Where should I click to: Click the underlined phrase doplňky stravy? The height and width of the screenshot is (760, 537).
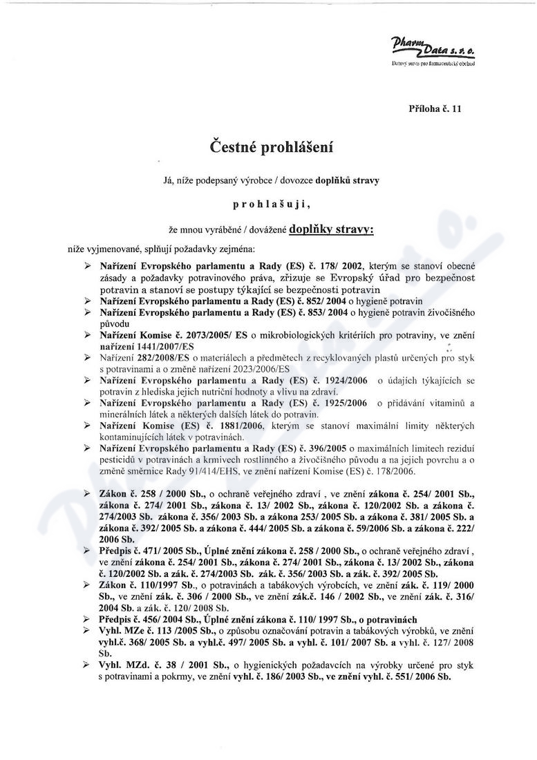[331, 227]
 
